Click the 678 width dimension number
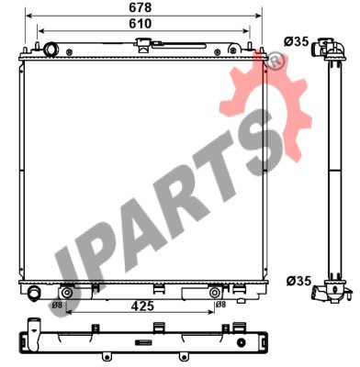pyautogui.click(x=141, y=7)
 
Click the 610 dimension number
pyautogui.click(x=141, y=24)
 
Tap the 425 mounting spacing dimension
pyautogui.click(x=142, y=306)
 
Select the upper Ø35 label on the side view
pyautogui.click(x=296, y=41)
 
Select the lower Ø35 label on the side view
pyautogui.click(x=298, y=281)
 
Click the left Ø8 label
pyautogui.click(x=57, y=305)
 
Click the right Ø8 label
pyautogui.click(x=220, y=305)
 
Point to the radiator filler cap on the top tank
pyautogui.click(x=142, y=45)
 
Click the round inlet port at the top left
pyautogui.click(x=51, y=50)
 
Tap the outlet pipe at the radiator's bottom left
pyautogui.click(x=33, y=293)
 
